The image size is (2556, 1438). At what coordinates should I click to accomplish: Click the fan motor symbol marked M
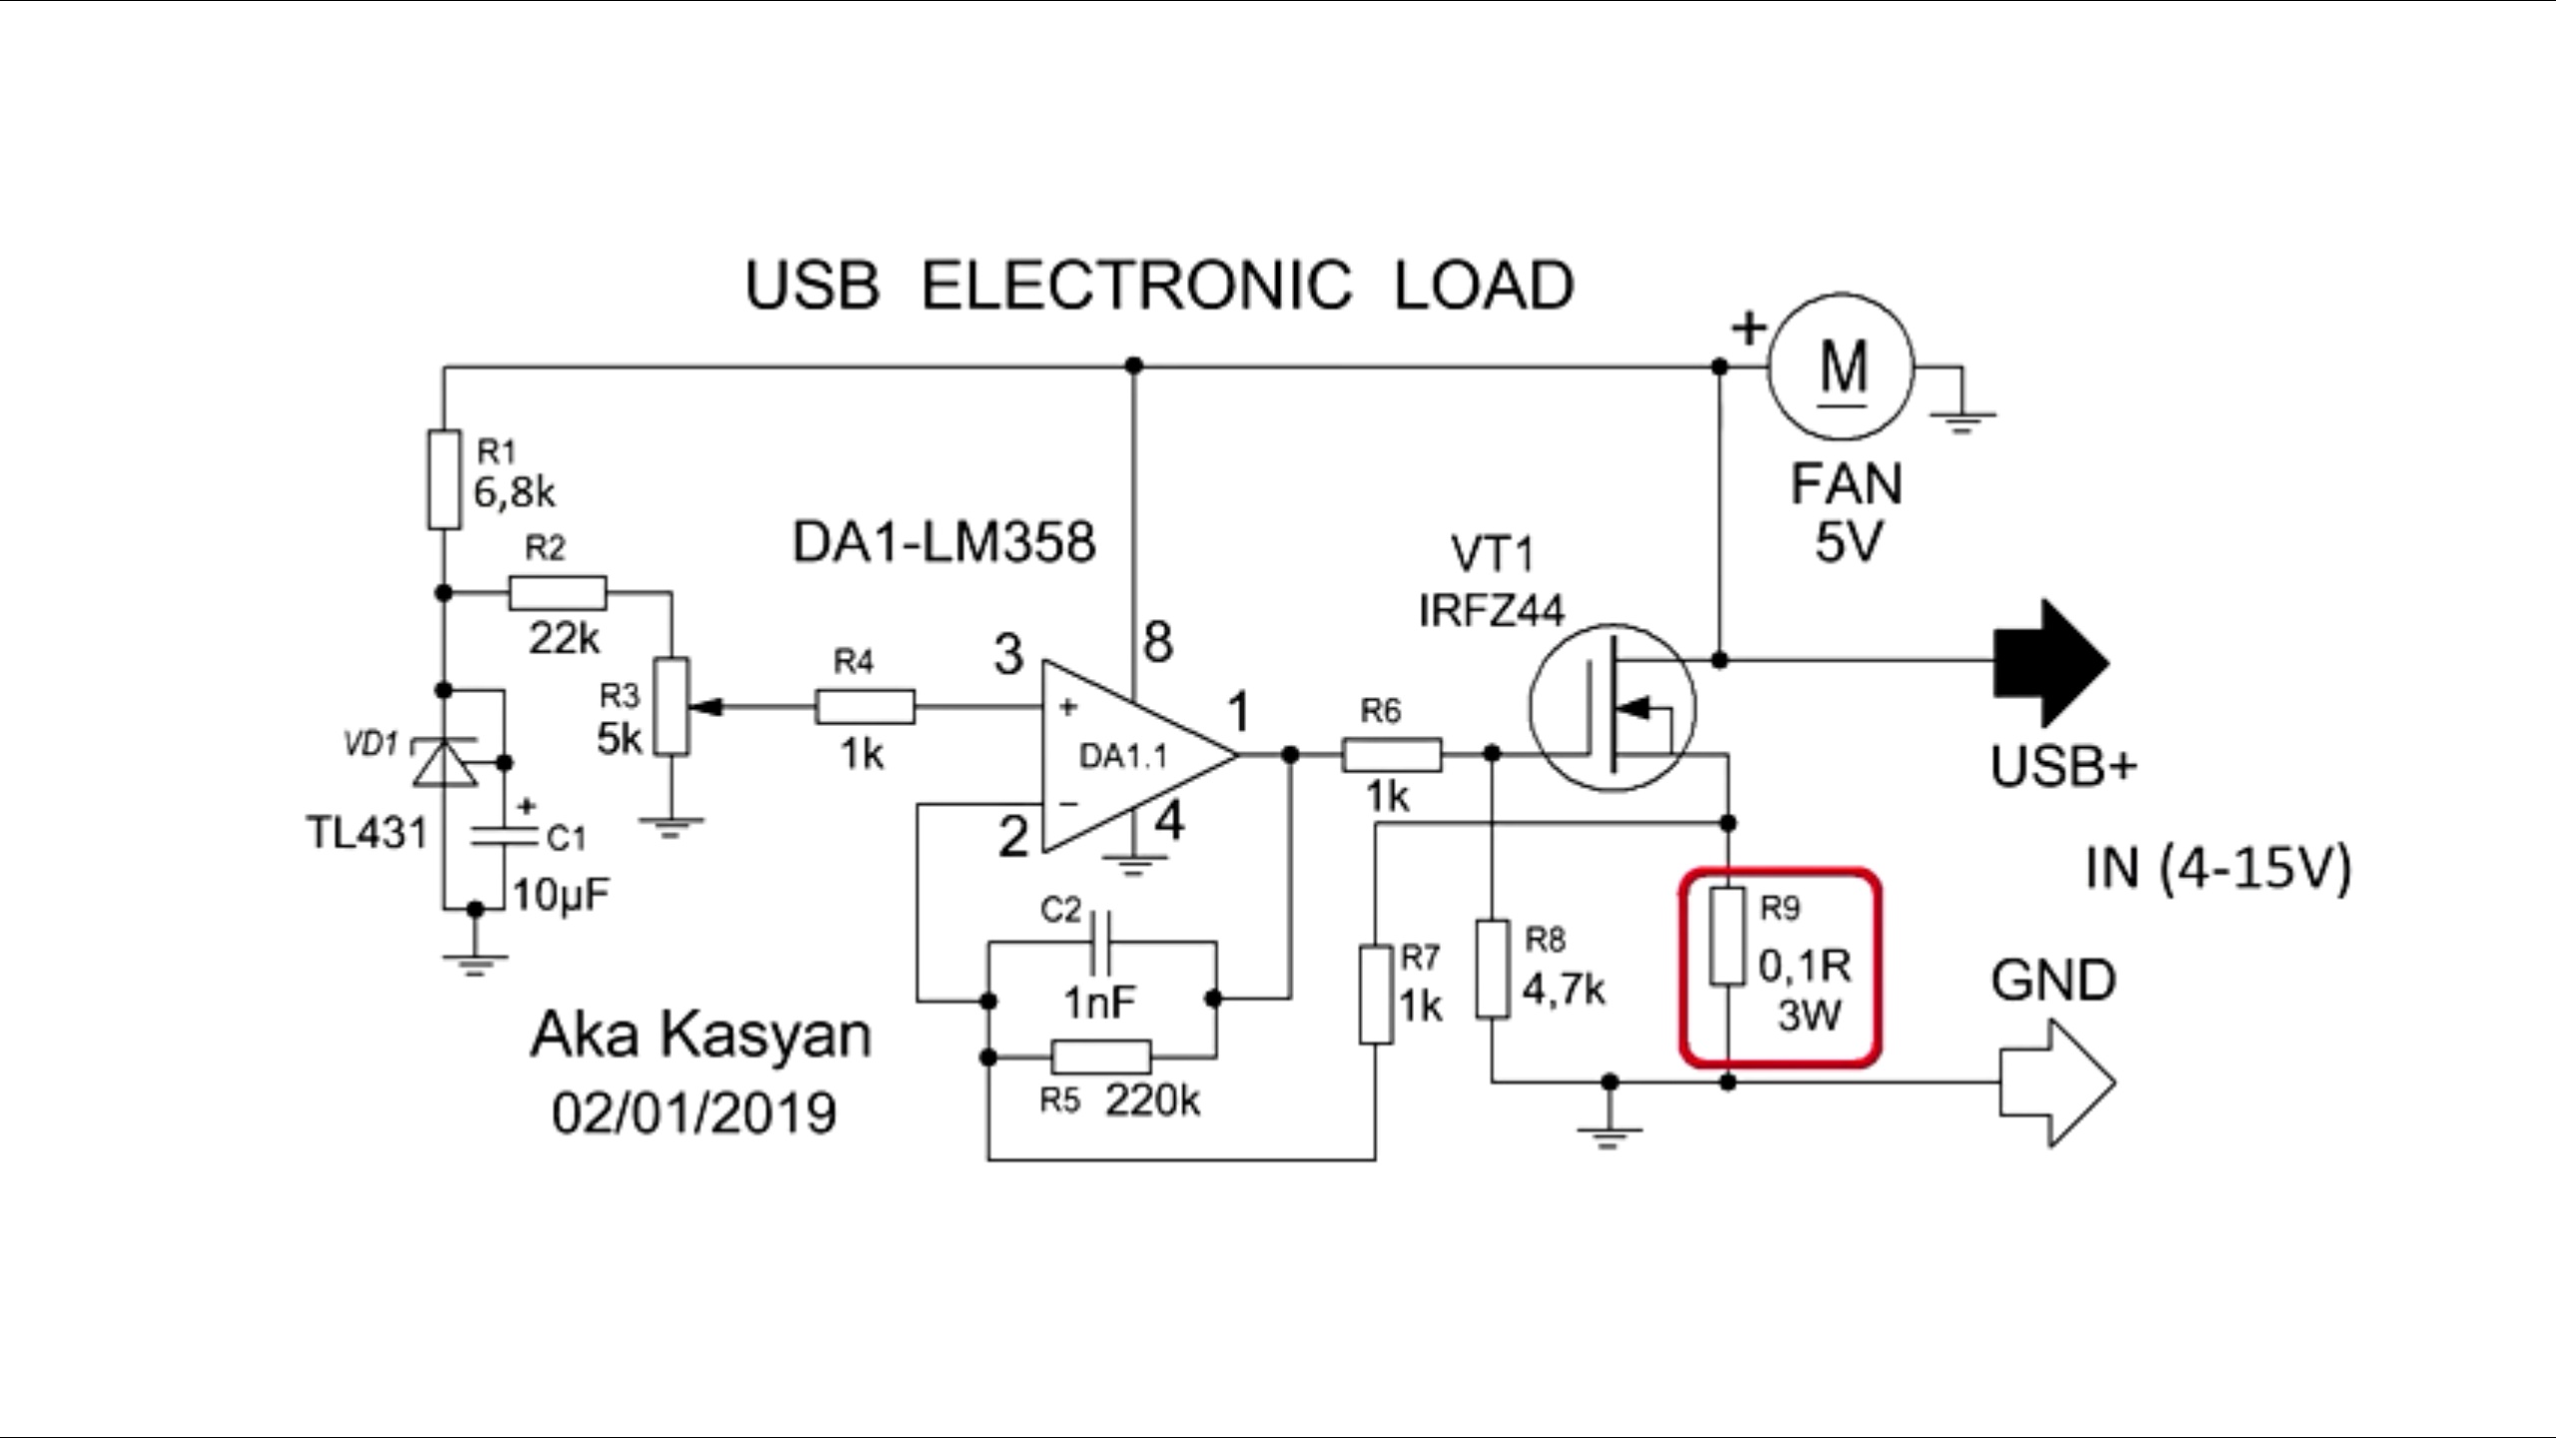tap(1841, 365)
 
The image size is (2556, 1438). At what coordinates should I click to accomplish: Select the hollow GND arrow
tap(2055, 1082)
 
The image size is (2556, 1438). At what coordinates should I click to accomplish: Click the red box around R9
tap(1781, 967)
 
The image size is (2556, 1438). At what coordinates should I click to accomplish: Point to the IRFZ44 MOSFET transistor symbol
tap(1611, 707)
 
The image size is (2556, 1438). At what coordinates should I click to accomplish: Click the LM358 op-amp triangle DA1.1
tap(1128, 755)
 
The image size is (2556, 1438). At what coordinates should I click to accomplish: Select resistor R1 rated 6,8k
tap(444, 479)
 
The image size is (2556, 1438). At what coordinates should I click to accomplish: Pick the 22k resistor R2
tap(557, 593)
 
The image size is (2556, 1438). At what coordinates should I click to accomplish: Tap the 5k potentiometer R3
tap(674, 707)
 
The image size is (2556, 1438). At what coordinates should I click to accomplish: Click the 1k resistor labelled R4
tap(865, 707)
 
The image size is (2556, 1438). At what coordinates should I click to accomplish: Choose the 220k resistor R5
tap(1100, 1057)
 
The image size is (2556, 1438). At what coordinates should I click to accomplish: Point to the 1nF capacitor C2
tap(1102, 941)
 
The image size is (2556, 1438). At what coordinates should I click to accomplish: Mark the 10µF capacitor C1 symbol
tap(505, 835)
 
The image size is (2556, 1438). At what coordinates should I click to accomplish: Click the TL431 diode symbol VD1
tap(444, 763)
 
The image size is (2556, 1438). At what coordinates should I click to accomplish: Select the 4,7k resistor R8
tap(1492, 970)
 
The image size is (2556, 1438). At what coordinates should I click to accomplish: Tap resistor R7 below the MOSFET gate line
tap(1376, 996)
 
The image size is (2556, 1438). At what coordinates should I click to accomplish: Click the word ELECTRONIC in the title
tap(1136, 286)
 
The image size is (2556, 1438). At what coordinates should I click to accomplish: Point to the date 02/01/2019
tap(695, 1112)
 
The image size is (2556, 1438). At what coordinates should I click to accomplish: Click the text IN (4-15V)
tap(2219, 869)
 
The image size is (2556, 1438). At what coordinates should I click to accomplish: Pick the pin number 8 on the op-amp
tap(1158, 641)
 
